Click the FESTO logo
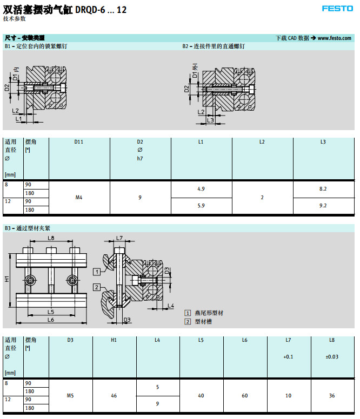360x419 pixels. [338, 8]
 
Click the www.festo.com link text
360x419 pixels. [335, 38]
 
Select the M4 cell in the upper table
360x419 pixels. [79, 198]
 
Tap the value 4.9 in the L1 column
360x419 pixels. [201, 189]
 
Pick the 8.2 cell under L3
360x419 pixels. [323, 189]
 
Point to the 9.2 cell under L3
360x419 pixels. [323, 206]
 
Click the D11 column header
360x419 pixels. [79, 142]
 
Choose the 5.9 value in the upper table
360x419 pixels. [201, 206]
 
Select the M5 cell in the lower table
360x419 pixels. [70, 396]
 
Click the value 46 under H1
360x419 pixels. [114, 396]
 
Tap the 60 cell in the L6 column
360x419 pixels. [245, 396]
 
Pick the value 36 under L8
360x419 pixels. [332, 396]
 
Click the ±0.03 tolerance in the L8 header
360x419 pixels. [332, 357]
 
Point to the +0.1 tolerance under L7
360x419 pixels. [288, 357]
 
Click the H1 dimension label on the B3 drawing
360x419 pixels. [7, 279]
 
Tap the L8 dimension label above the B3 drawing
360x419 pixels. [51, 238]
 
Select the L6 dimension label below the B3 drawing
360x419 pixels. [51, 320]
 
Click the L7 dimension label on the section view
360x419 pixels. [119, 238]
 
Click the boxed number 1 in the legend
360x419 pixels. [188, 313]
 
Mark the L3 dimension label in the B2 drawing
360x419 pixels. [210, 120]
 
